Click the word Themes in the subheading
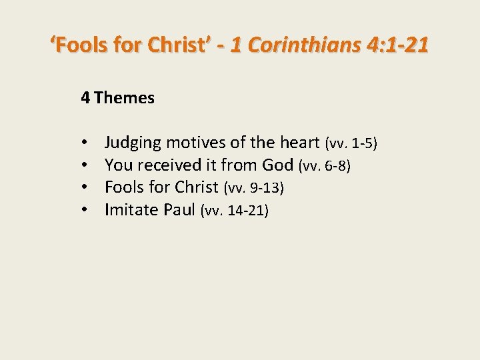tap(125, 98)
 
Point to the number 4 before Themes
tap(85, 98)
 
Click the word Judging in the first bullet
tap(133, 142)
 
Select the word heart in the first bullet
tap(300, 142)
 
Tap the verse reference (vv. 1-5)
tap(351, 143)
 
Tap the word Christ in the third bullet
tap(197, 187)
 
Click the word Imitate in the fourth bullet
tap(130, 211)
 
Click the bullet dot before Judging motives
tap(86, 143)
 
